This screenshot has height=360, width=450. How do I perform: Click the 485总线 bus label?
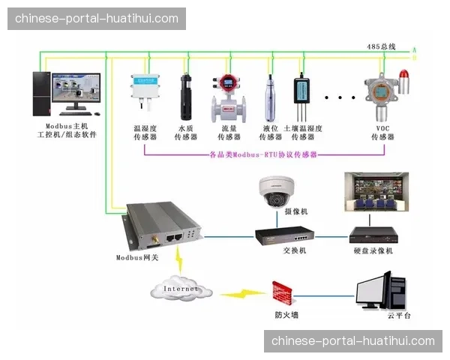click(x=380, y=46)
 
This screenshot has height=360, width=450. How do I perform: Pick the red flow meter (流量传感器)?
click(x=227, y=97)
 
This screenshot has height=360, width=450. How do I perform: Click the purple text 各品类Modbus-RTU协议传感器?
click(x=262, y=154)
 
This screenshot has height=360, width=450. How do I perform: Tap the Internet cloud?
click(x=181, y=287)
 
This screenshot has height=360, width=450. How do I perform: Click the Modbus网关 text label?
click(x=137, y=257)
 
